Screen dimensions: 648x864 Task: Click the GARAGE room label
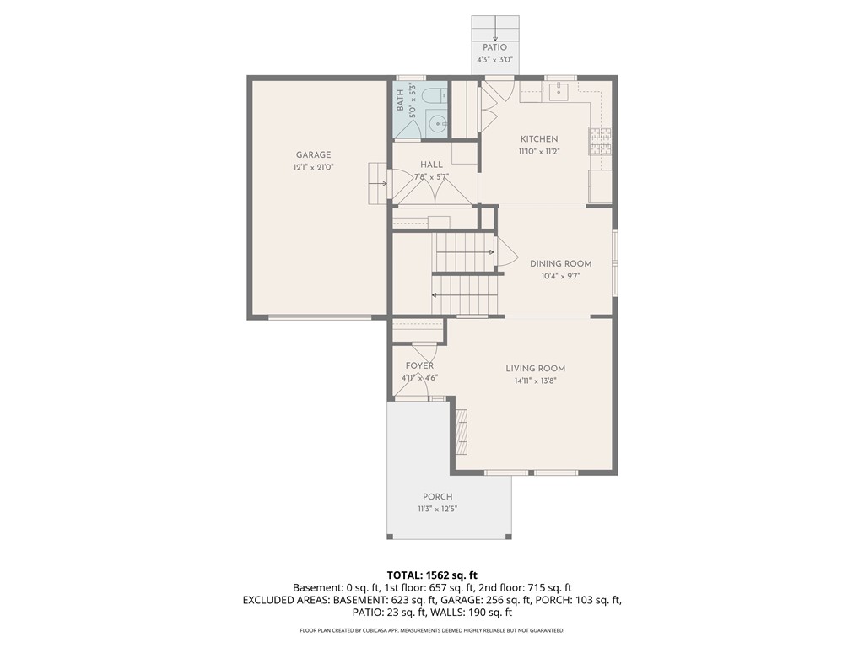[313, 154]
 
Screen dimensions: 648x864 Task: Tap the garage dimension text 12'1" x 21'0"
[313, 167]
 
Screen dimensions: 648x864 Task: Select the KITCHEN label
[538, 139]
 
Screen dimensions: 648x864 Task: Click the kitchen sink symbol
[560, 91]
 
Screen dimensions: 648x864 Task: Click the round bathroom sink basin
[437, 125]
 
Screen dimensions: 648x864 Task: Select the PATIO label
[494, 48]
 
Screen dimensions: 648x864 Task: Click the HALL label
[431, 165]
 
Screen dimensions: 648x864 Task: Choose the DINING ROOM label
[560, 263]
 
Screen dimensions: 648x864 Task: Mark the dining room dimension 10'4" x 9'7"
[560, 276]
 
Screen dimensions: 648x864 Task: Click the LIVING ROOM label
[535, 368]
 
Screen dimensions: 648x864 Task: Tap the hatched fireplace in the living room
[461, 430]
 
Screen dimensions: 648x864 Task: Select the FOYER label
[419, 365]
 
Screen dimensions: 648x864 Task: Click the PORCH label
[437, 497]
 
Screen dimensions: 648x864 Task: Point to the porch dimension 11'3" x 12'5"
[437, 510]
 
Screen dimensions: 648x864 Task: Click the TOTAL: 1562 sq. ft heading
[432, 575]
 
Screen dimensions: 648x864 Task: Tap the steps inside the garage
[376, 181]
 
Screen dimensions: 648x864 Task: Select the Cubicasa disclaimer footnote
[432, 630]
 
